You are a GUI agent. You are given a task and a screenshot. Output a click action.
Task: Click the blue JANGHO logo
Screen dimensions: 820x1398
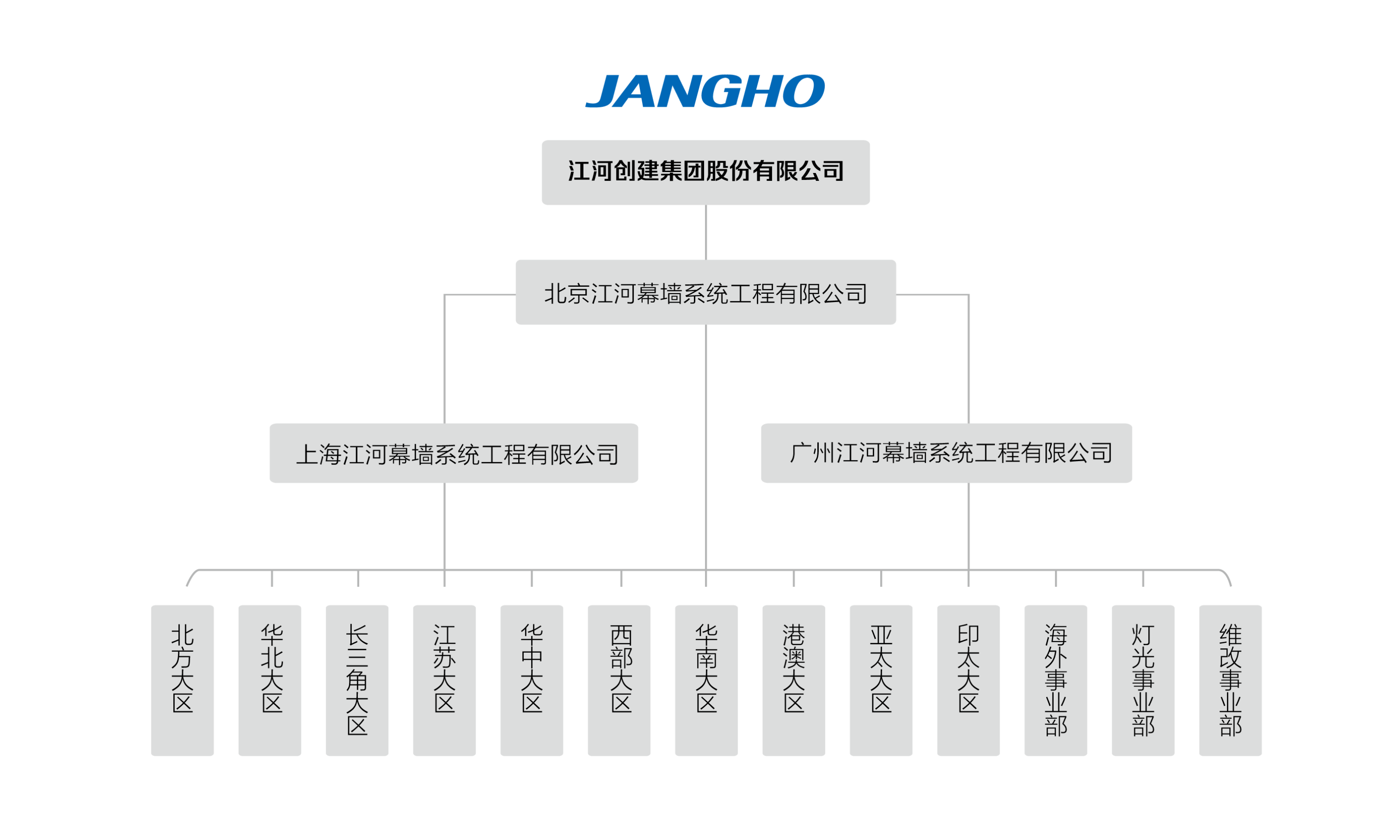705,90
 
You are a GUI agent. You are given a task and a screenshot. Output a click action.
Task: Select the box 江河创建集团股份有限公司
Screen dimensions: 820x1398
706,172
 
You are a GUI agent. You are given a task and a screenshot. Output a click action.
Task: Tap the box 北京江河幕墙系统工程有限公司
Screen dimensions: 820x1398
706,292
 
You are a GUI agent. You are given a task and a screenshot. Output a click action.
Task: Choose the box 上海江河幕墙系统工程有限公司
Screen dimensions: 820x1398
454,453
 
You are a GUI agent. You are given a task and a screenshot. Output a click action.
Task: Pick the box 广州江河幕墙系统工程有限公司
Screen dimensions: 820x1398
946,453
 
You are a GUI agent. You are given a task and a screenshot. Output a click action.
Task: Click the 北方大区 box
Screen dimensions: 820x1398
183,680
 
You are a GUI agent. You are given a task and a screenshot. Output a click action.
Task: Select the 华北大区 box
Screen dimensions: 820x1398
270,680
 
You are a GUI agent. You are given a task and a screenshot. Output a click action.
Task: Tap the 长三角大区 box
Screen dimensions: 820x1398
357,680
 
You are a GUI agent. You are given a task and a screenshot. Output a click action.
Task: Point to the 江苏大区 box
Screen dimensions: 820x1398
445,680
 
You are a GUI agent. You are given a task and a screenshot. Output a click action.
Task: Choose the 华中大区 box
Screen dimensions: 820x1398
531,680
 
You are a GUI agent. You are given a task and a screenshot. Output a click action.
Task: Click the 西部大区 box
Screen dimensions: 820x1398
619,680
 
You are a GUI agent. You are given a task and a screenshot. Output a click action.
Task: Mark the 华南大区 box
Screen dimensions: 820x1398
706,680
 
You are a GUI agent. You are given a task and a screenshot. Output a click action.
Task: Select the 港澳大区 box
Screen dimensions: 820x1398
794,680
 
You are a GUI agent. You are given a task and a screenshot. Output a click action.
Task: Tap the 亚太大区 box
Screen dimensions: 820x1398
881,680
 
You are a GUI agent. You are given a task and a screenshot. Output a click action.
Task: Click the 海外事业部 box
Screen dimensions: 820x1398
1055,680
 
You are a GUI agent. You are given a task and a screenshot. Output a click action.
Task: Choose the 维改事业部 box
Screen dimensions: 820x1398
1230,680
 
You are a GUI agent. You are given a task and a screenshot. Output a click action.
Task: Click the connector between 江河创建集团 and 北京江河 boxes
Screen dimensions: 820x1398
706,233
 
